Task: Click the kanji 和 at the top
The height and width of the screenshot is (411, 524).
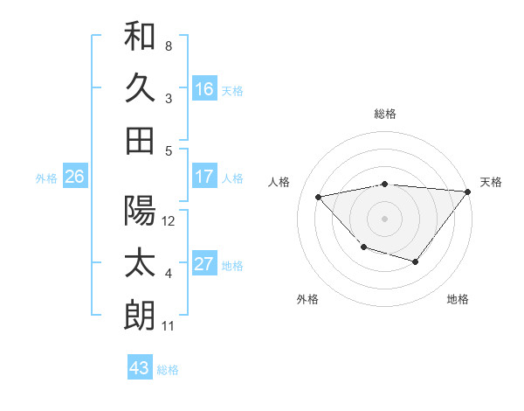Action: click(x=140, y=36)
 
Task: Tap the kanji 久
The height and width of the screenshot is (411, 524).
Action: click(x=140, y=87)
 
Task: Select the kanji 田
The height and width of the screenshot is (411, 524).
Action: click(x=140, y=140)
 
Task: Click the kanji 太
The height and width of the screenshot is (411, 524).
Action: click(x=140, y=263)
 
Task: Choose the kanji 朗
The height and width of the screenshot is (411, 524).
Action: click(x=140, y=316)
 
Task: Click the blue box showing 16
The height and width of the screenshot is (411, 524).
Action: click(x=203, y=88)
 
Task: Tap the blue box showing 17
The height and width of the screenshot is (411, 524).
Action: click(x=203, y=177)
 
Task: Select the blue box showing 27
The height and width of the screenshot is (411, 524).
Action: click(x=203, y=264)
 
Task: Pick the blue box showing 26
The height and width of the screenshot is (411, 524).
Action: click(x=74, y=177)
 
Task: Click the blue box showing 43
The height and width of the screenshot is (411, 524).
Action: click(x=139, y=368)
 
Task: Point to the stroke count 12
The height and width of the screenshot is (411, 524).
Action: click(x=169, y=221)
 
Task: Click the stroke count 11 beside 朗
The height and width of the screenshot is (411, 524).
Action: click(x=168, y=326)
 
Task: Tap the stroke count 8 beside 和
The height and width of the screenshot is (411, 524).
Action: click(x=168, y=45)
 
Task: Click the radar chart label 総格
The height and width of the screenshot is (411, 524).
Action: click(x=384, y=115)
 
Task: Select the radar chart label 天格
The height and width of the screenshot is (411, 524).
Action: click(x=491, y=182)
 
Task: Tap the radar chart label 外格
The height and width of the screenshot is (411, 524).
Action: click(x=307, y=299)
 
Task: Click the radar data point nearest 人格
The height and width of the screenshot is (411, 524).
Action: click(x=319, y=197)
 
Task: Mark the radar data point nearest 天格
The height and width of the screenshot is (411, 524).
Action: click(x=467, y=192)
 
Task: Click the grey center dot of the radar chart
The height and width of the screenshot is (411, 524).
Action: click(x=384, y=218)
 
